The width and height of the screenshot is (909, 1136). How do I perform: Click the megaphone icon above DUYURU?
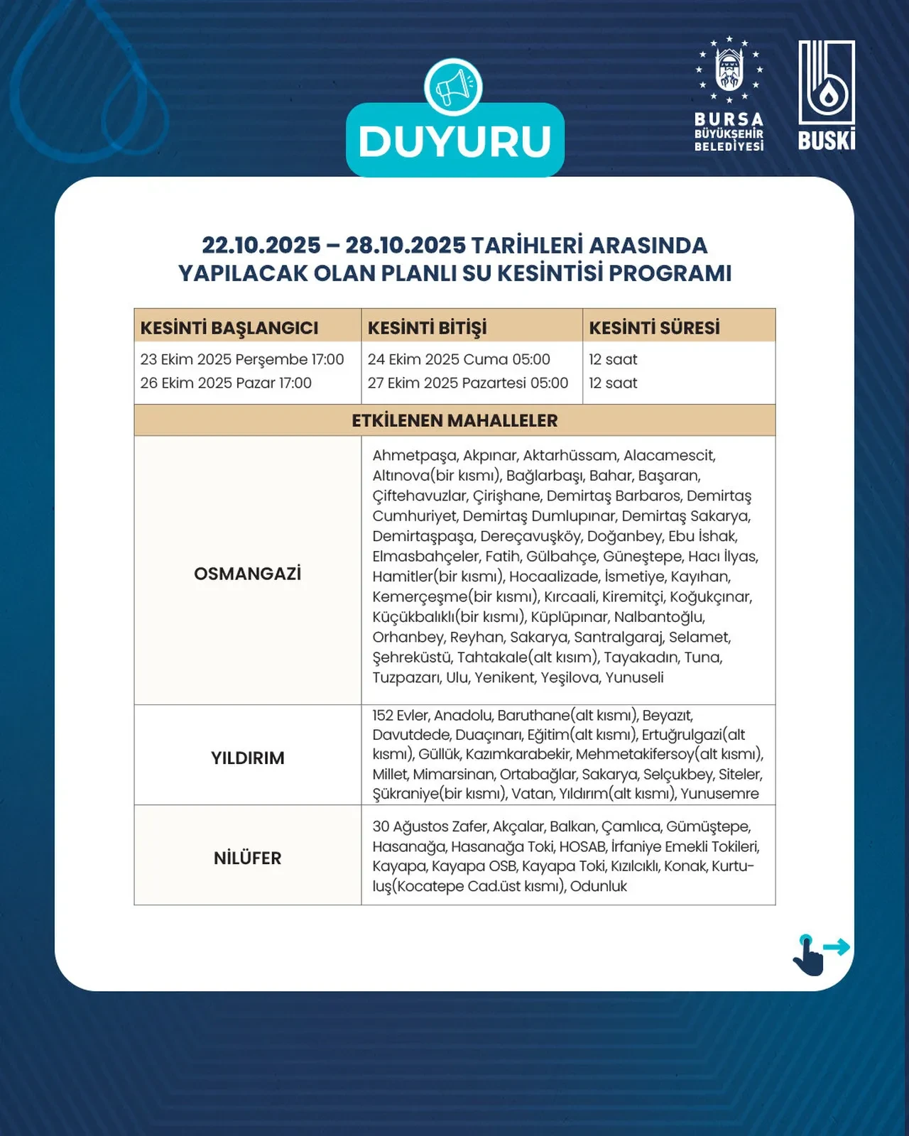coord(453,88)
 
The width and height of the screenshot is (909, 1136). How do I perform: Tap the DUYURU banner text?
coord(454,141)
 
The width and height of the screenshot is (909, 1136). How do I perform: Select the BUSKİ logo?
coord(827,95)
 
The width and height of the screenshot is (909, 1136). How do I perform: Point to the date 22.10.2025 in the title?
coord(261,246)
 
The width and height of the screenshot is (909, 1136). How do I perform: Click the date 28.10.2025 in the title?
coord(405,246)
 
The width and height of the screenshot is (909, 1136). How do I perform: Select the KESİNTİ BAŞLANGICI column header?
coord(229,328)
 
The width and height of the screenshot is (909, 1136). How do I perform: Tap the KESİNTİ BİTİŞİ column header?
coord(427,328)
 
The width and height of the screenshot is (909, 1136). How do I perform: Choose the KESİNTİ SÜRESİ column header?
coord(654,328)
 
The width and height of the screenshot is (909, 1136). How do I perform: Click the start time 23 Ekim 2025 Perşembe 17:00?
coord(242,359)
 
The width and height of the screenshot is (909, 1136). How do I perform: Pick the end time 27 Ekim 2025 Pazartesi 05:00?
coord(467,383)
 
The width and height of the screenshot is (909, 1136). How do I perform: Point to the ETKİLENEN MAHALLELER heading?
coord(454,420)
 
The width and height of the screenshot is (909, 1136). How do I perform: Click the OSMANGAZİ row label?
coord(247,574)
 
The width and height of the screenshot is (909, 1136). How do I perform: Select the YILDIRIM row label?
coord(247,758)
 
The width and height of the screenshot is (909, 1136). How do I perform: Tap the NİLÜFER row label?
coord(247,858)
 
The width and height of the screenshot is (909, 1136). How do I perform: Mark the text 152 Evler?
coord(401,715)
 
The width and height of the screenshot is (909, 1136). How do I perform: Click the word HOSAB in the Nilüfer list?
coord(582,846)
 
